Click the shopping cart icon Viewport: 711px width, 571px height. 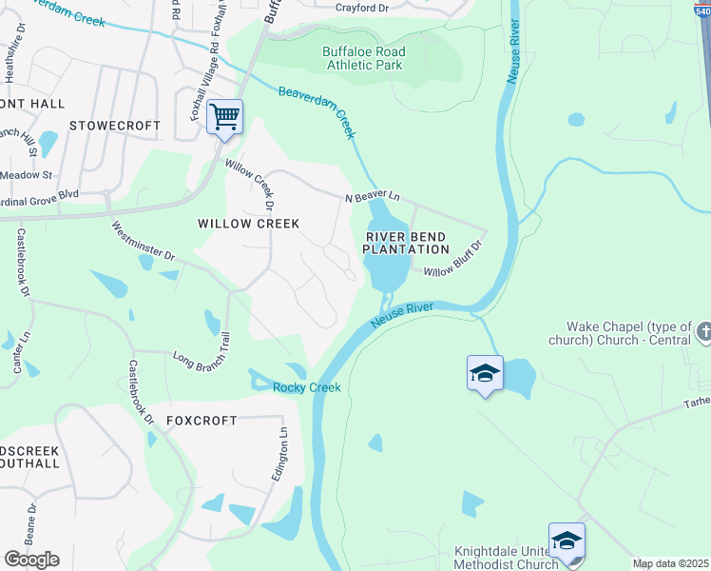click(224, 118)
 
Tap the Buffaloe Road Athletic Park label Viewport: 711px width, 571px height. click(363, 59)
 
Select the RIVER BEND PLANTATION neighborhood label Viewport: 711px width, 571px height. click(406, 243)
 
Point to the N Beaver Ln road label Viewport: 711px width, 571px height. click(372, 197)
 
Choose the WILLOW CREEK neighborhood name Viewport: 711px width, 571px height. click(248, 224)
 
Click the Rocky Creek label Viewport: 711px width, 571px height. click(306, 387)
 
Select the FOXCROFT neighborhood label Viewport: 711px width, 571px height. click(202, 421)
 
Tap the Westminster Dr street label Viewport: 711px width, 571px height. click(144, 242)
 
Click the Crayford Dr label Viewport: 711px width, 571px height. click(363, 8)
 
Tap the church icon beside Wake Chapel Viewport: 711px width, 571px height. click(703, 332)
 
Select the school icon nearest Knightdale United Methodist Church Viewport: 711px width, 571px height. click(567, 541)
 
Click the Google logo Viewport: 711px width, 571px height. click(31, 560)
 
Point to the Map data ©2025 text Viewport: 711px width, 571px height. click(670, 563)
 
